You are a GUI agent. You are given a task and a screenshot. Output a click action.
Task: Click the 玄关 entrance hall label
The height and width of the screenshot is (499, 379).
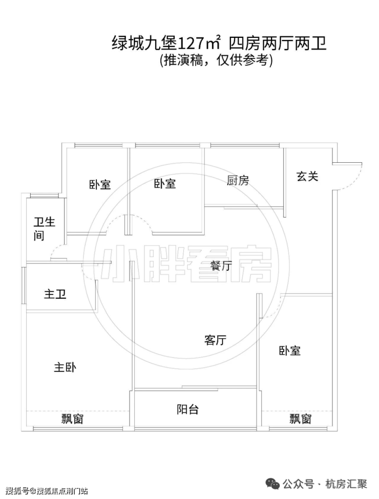[x=307, y=176]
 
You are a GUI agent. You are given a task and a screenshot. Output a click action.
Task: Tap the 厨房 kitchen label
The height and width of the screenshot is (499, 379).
[x=238, y=181]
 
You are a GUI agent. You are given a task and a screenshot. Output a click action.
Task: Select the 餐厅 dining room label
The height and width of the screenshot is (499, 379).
[x=222, y=266]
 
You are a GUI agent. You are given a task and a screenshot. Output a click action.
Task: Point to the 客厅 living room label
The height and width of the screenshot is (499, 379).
[x=215, y=340]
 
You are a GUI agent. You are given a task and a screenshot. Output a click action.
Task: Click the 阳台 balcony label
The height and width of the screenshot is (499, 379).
[x=188, y=409]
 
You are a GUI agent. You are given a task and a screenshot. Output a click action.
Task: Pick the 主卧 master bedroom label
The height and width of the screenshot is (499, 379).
[x=65, y=367]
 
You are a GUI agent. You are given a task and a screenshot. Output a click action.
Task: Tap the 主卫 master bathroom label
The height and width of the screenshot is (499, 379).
[x=55, y=294]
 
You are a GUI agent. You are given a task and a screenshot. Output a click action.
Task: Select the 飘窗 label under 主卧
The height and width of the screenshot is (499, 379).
[x=72, y=419]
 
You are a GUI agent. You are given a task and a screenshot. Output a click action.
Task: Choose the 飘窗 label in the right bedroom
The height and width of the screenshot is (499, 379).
[x=300, y=419]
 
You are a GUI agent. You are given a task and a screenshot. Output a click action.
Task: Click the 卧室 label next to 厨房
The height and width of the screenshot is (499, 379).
[x=165, y=184]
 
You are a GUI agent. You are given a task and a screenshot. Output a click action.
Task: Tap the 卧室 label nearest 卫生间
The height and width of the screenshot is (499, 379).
[x=100, y=185]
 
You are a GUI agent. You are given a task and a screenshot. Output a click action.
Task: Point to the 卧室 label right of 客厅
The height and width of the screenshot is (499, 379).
[x=290, y=351]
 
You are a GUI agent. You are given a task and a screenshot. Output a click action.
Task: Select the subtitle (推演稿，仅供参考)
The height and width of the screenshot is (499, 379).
[x=216, y=60]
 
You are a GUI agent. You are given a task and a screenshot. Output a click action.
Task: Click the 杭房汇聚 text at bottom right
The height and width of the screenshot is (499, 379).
[x=346, y=485]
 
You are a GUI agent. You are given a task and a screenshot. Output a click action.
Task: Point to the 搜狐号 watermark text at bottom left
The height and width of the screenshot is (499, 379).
[x=17, y=491]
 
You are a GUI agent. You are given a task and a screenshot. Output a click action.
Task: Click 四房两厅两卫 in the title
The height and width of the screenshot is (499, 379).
[x=278, y=44]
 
